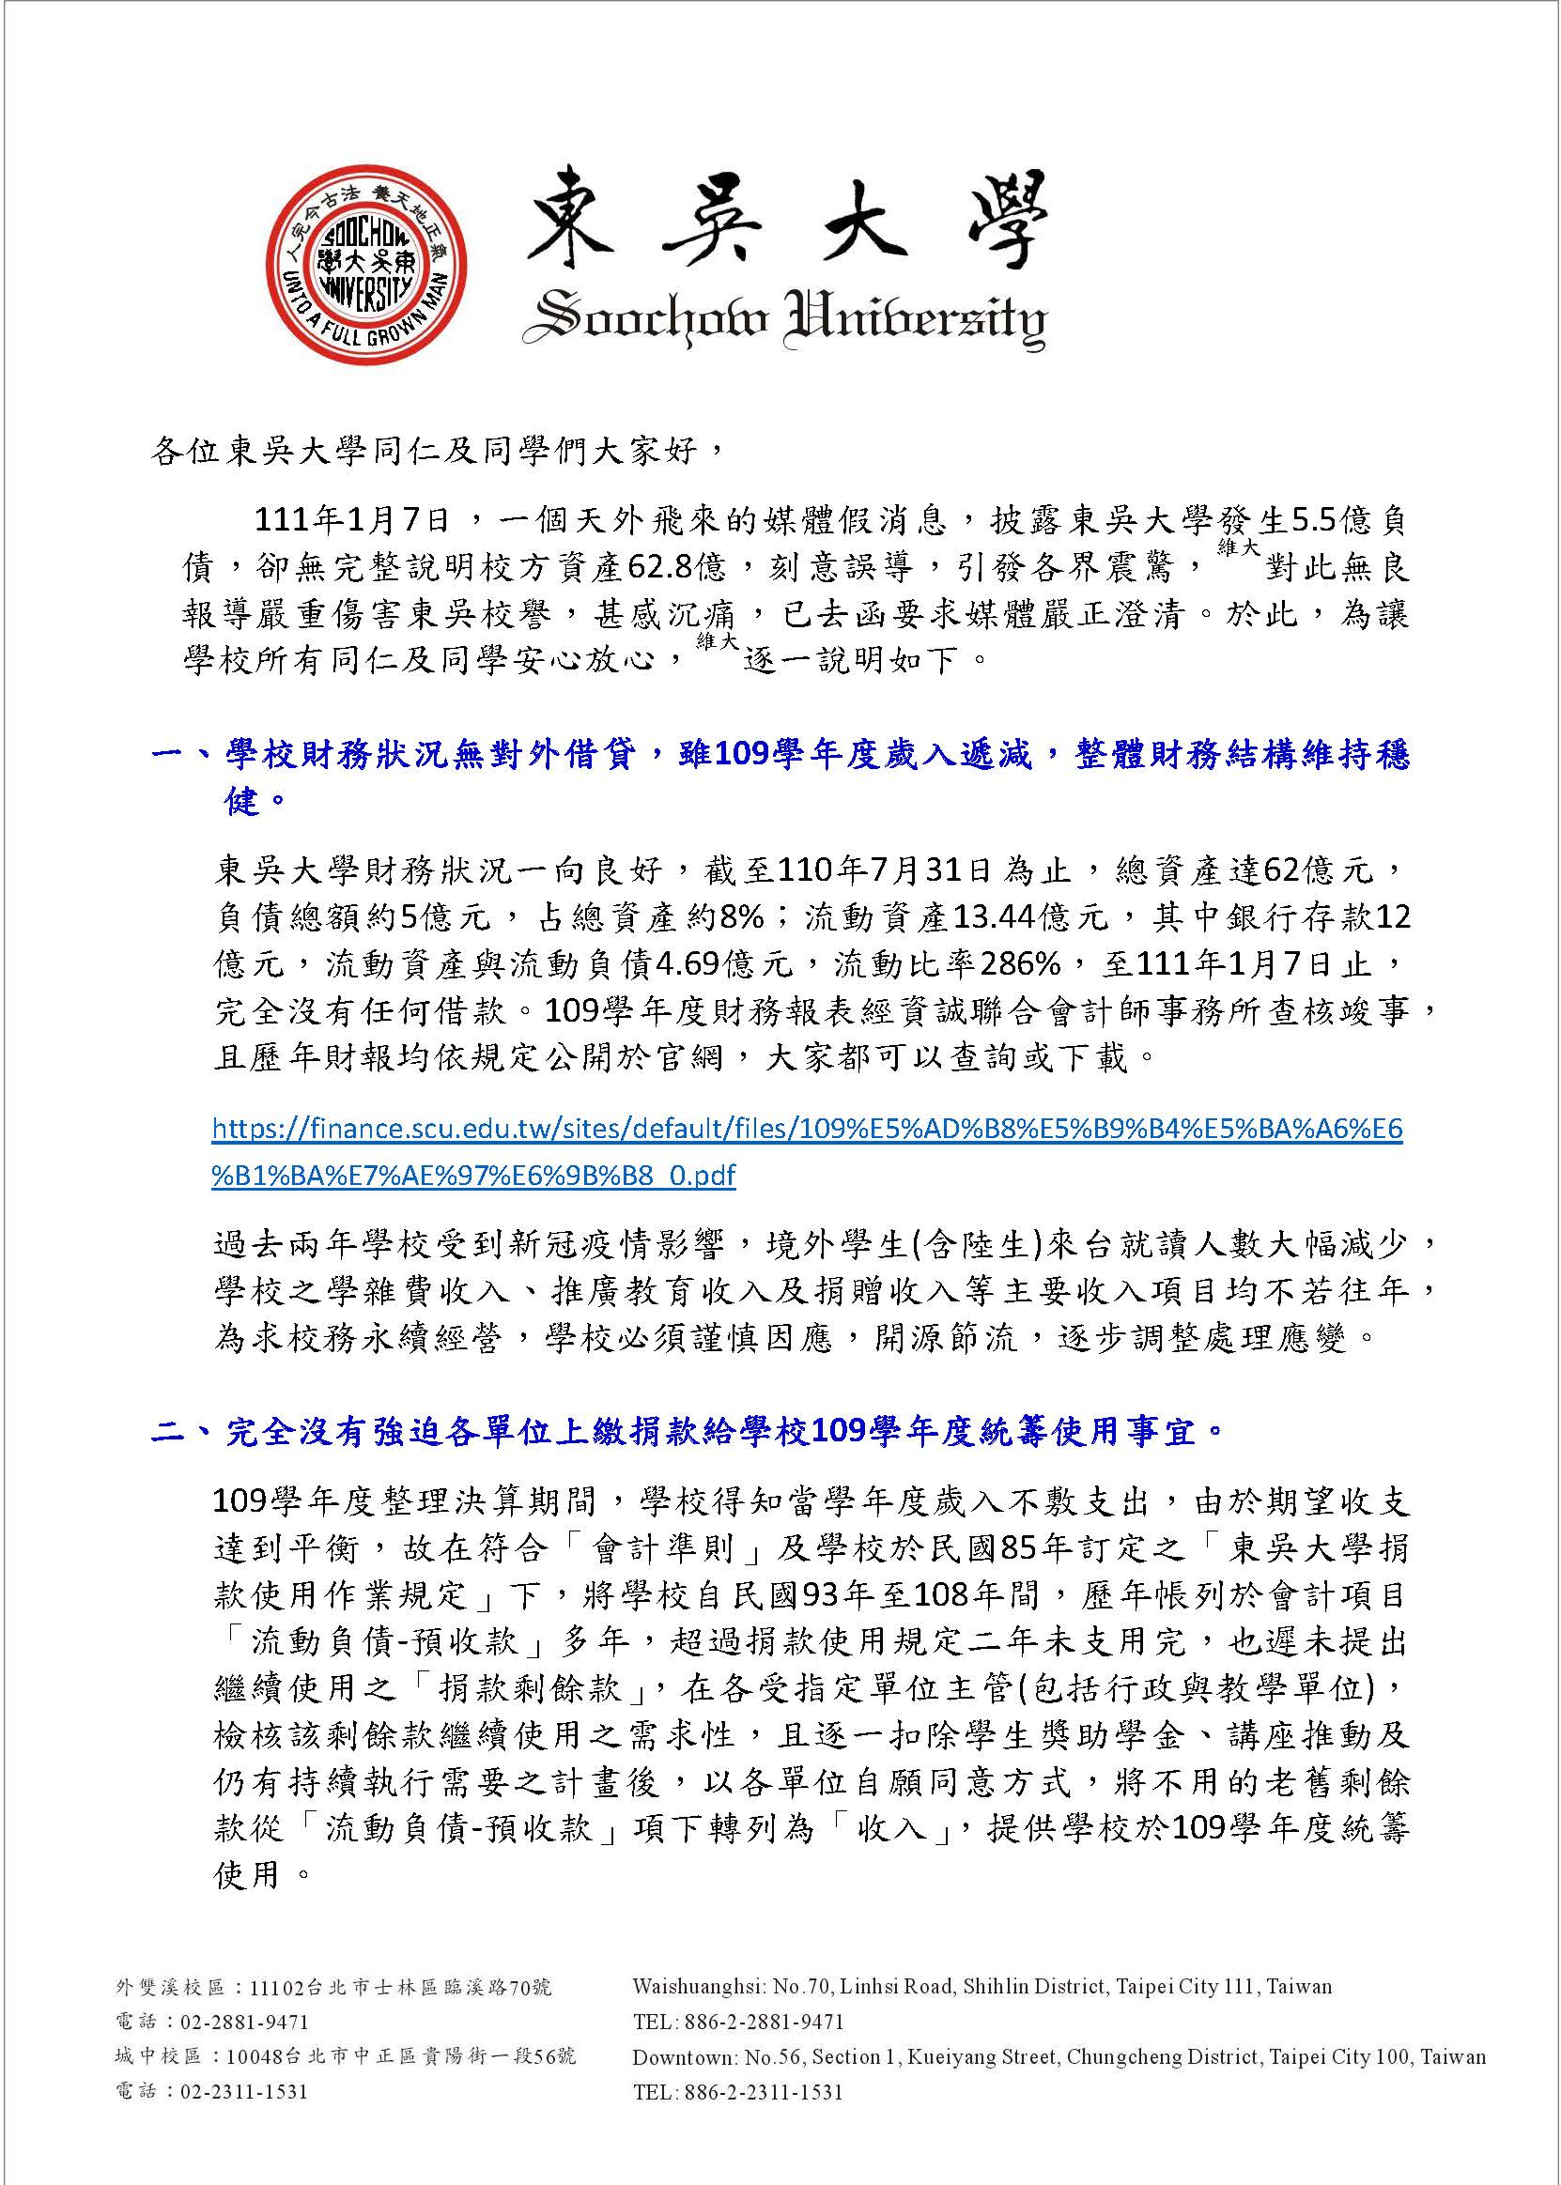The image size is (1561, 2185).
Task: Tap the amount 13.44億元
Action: coord(1027,918)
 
